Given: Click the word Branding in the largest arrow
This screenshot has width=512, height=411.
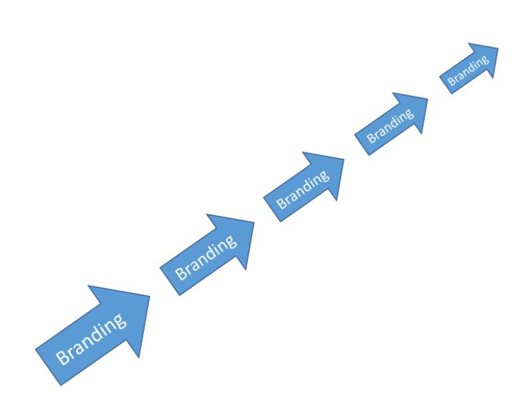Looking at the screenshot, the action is click(91, 339).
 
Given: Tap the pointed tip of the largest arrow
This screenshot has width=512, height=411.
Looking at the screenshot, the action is click(149, 296).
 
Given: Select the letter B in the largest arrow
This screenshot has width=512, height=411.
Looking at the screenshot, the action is click(62, 358).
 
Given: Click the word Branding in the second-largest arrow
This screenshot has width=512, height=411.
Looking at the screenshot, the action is click(206, 257).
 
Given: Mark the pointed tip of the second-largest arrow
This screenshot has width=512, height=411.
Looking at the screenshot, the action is click(254, 222).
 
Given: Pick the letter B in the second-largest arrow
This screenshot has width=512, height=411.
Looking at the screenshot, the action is click(181, 273).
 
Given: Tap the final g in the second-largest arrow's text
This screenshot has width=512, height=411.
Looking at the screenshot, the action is click(230, 241).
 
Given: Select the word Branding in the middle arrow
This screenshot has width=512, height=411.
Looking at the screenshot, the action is click(303, 189).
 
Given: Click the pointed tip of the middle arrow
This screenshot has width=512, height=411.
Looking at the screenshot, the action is click(344, 159).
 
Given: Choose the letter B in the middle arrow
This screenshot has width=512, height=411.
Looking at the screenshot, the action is click(282, 203).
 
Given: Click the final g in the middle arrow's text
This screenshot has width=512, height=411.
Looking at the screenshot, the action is click(324, 176).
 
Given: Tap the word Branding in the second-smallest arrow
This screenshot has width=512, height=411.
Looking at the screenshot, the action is click(390, 125).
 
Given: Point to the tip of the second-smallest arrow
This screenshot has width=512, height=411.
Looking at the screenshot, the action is click(427, 98).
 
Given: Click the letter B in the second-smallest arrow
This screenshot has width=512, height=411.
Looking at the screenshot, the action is click(371, 138).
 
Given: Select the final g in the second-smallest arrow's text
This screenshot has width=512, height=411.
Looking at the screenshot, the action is click(409, 114).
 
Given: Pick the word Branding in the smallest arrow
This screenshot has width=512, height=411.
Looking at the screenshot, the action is click(469, 71).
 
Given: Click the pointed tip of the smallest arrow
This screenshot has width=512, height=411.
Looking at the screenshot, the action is click(498, 48).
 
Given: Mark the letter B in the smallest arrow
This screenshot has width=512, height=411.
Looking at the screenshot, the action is click(452, 81).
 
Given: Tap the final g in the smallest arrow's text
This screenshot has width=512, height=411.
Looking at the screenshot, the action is click(485, 60).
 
